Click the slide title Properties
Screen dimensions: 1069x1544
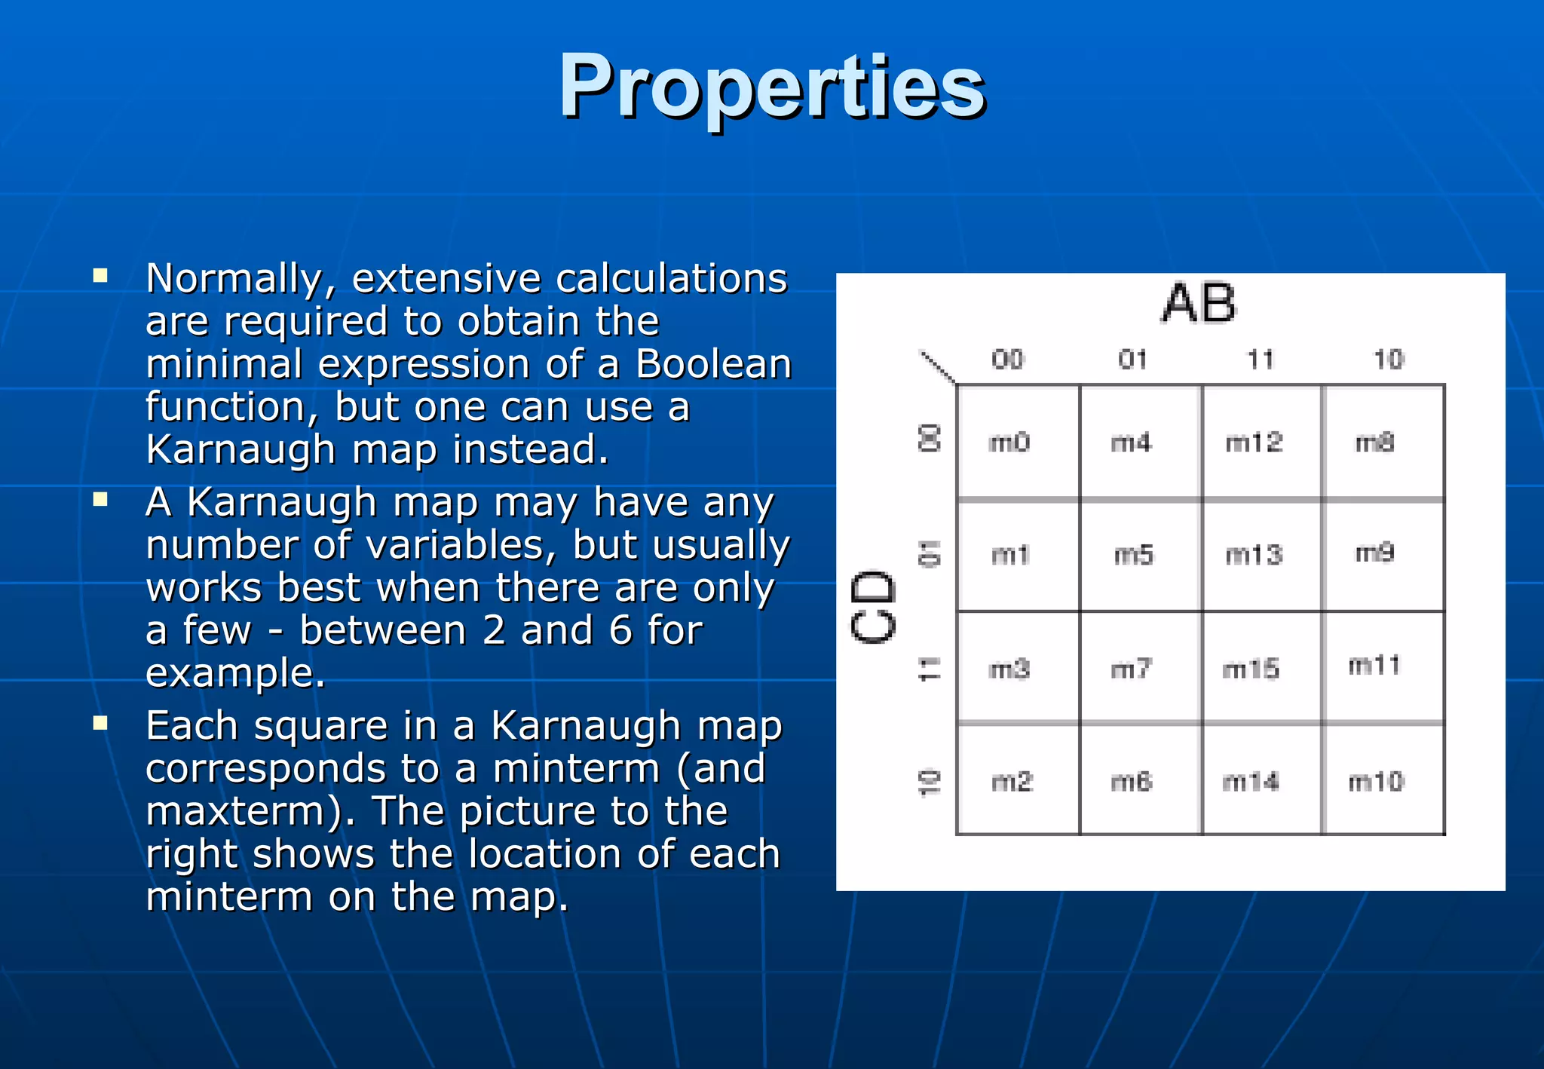point(772,87)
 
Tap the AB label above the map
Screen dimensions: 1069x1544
point(1199,303)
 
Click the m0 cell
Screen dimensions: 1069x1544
point(1009,442)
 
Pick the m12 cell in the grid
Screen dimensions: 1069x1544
point(1254,442)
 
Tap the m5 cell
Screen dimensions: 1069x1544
point(1134,555)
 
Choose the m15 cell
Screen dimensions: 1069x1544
point(1251,669)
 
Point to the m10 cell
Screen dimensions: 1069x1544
point(1376,782)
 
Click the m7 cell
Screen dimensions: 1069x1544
point(1132,669)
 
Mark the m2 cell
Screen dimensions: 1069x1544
point(1012,782)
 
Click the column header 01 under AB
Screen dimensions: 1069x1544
point(1133,360)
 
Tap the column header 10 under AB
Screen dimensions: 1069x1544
point(1389,360)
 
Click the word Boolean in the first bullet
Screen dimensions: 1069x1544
point(713,364)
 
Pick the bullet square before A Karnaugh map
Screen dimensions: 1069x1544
point(100,499)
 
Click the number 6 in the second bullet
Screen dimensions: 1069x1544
point(620,630)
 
